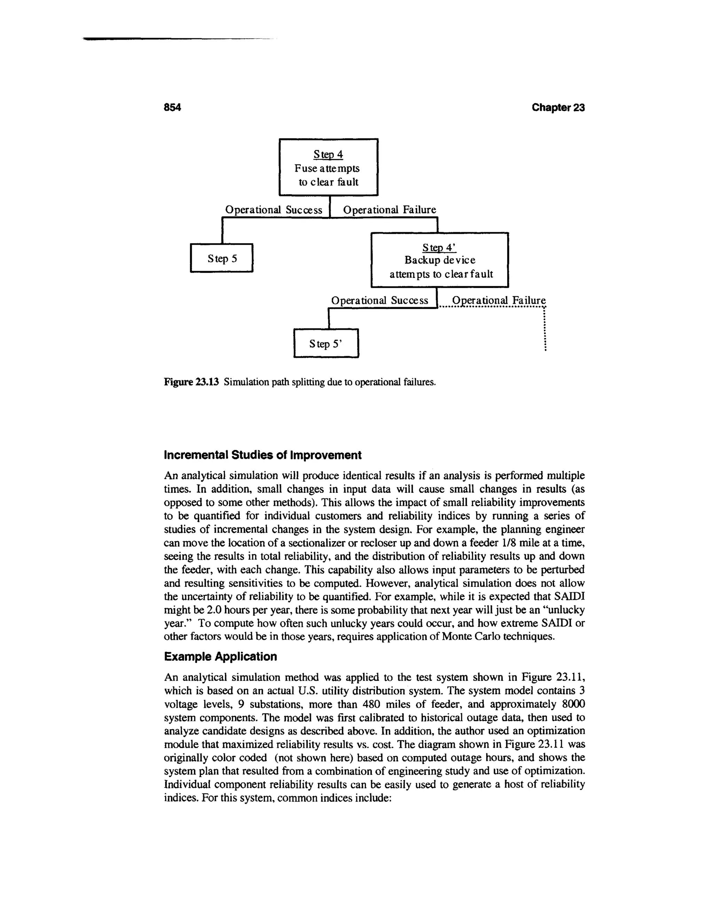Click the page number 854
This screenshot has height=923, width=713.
[x=172, y=108]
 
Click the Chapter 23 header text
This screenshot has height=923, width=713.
[x=558, y=108]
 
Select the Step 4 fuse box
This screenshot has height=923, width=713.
[x=329, y=167]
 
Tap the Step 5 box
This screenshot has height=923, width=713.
[x=222, y=258]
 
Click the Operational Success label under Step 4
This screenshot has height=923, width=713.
[x=274, y=210]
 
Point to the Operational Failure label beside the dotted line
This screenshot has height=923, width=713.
[x=499, y=301]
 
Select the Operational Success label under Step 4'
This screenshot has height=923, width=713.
[x=379, y=301]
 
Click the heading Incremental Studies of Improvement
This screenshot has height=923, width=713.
[x=262, y=455]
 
